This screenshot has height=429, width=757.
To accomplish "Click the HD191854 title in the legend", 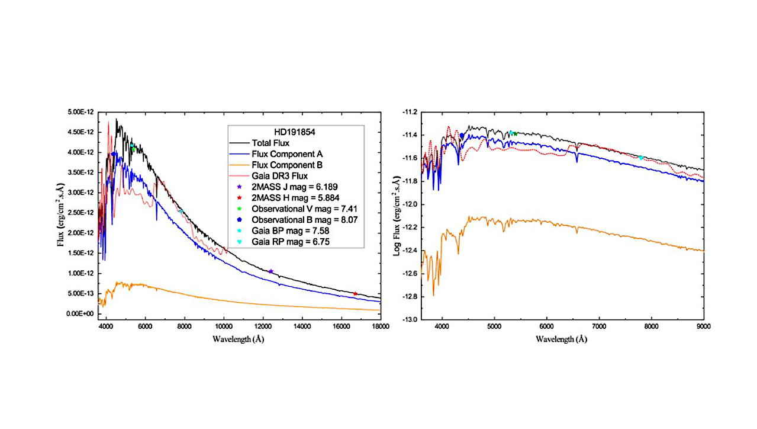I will tap(295, 132).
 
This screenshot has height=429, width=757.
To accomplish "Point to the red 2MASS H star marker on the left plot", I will tap(355, 293).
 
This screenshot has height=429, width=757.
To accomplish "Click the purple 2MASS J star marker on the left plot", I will tap(270, 271).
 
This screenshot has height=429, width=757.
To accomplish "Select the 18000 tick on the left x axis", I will tap(380, 326).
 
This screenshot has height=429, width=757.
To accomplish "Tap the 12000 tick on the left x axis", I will tap(263, 326).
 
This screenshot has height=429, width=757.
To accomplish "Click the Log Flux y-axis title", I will tap(397, 216).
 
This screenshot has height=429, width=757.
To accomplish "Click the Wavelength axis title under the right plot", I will tap(562, 340).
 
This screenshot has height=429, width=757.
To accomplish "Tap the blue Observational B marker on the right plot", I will tap(462, 136).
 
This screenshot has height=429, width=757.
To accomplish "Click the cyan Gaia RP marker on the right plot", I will tap(640, 158).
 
